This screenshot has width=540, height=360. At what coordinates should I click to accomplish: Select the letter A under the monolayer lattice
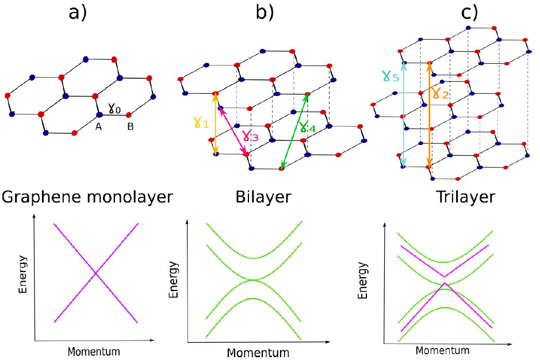[x=99, y=127]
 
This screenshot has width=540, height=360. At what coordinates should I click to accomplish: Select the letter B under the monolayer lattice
[x=131, y=127]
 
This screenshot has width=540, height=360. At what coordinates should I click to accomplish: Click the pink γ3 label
[x=250, y=136]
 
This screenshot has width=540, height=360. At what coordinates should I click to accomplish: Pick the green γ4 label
[x=307, y=128]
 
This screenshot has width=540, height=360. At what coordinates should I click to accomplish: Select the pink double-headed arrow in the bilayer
[x=233, y=131]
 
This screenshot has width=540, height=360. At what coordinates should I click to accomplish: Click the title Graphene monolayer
[x=87, y=198]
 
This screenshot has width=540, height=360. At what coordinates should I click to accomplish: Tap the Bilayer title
[x=263, y=198]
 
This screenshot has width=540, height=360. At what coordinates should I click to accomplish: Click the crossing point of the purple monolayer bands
[x=96, y=272]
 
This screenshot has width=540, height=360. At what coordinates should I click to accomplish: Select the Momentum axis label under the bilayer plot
[x=257, y=351]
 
